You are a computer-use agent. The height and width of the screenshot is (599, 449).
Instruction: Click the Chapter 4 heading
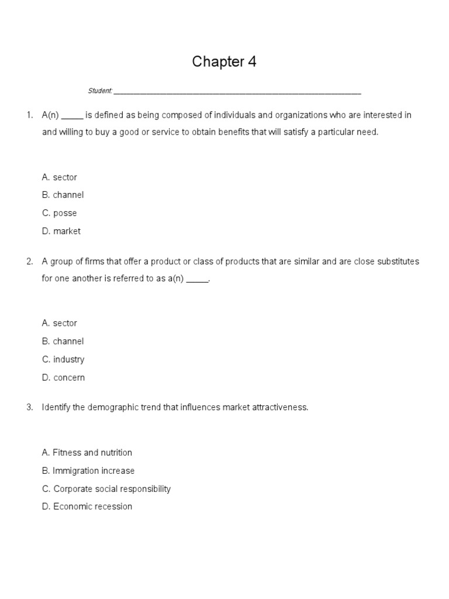pos(224,62)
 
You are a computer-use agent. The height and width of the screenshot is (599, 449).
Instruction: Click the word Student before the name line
pos(100,91)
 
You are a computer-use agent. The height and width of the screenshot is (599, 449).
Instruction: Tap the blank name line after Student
pos(237,92)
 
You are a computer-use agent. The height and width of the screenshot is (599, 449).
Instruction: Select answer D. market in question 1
pos(61,231)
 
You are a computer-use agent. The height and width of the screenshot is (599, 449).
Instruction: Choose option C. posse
pos(60,213)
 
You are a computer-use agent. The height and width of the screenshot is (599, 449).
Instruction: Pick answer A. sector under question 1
pos(60,177)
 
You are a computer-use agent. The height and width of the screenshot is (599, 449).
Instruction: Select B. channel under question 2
pos(63,341)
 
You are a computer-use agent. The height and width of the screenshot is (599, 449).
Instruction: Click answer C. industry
pos(63,359)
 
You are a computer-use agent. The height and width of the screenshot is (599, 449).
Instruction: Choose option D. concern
pos(63,377)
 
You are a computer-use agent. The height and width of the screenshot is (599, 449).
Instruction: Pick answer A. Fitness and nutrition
pos(87,452)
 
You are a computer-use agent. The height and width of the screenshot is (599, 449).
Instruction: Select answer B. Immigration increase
pos(88,470)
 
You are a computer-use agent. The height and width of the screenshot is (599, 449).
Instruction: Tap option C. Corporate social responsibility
pos(106,488)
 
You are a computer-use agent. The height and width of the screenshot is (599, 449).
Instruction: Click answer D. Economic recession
pos(87,507)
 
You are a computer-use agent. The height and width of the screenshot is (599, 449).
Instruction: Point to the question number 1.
pos(29,115)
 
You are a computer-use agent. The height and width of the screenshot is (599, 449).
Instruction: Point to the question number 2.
pos(29,261)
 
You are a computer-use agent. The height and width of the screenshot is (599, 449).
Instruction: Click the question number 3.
pos(29,407)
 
